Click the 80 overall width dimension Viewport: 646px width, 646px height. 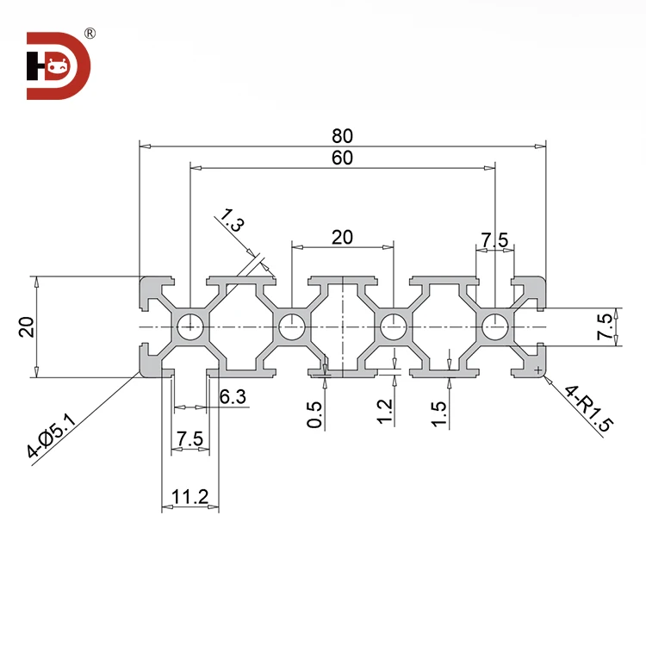tap(343, 135)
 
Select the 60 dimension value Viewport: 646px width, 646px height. tap(343, 157)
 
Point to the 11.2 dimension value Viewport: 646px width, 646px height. tap(190, 496)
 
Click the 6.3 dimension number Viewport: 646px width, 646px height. tap(233, 397)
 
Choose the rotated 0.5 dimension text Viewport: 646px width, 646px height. tap(315, 415)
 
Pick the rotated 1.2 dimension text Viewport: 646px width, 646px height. tap(385, 413)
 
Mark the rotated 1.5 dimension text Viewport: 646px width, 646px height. tap(439, 413)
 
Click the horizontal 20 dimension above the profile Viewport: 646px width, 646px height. tap(343, 237)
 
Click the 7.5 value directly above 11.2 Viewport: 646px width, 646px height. tap(190, 439)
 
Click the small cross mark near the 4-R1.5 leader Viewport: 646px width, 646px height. tap(539, 369)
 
